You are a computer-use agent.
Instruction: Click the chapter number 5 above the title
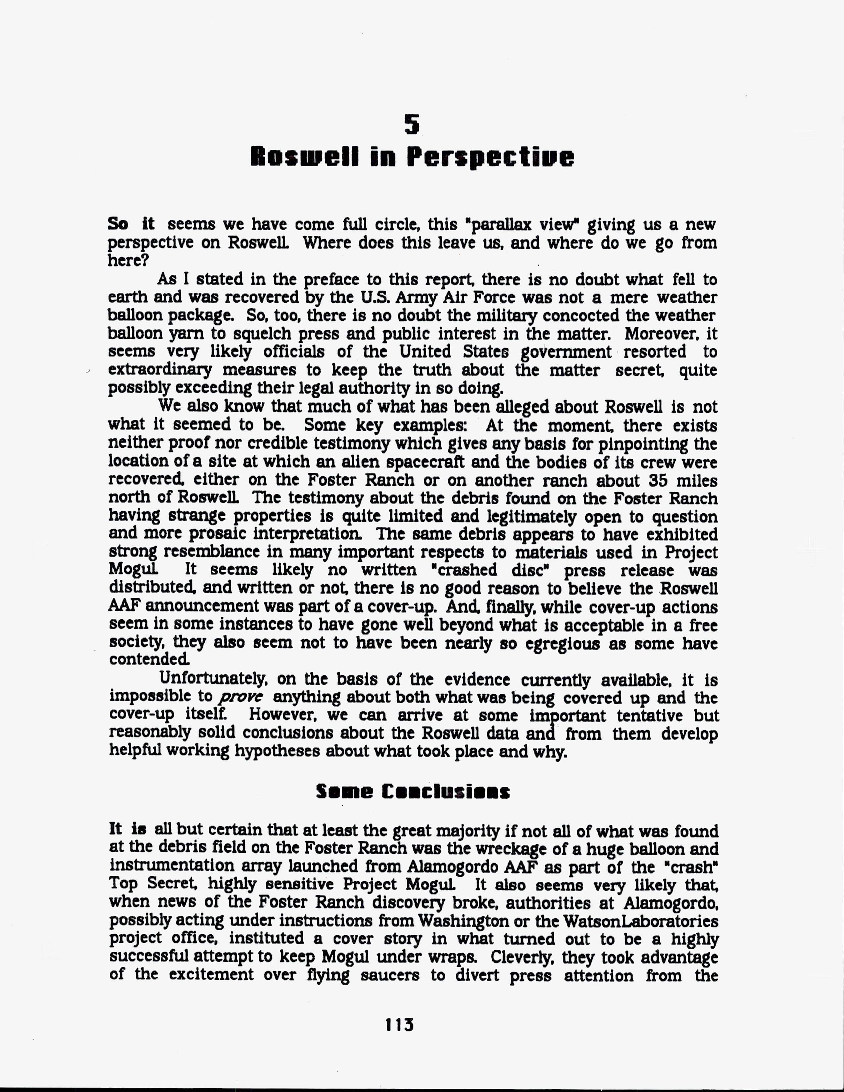tap(411, 124)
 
